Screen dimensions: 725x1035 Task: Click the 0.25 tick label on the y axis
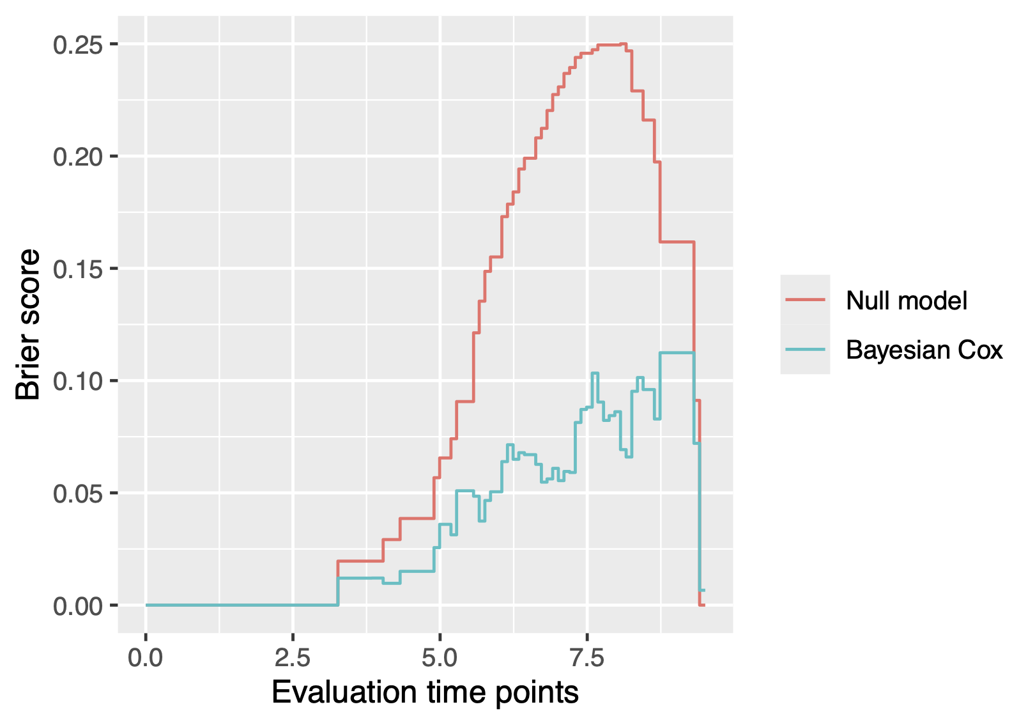79,45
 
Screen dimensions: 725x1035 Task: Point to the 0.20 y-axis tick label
79,157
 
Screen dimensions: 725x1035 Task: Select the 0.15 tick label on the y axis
79,269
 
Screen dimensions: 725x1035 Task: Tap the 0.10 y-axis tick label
79,382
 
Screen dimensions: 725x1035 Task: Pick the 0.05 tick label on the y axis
79,494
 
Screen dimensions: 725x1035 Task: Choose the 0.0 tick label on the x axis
146,657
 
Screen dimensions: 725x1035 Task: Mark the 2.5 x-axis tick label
293,657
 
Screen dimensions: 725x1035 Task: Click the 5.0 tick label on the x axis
440,657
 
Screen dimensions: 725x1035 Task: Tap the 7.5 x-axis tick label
587,657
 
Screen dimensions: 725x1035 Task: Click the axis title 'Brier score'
28,325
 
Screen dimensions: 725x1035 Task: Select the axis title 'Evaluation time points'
425,693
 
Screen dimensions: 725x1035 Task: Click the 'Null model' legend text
906,300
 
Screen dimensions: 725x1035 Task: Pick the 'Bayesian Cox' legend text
924,350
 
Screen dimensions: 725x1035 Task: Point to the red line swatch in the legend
805,300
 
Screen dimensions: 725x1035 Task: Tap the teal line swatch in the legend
805,349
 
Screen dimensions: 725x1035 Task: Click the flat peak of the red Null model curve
610,45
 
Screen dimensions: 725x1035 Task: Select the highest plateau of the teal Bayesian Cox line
677,352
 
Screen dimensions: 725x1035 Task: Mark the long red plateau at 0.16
677,242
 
